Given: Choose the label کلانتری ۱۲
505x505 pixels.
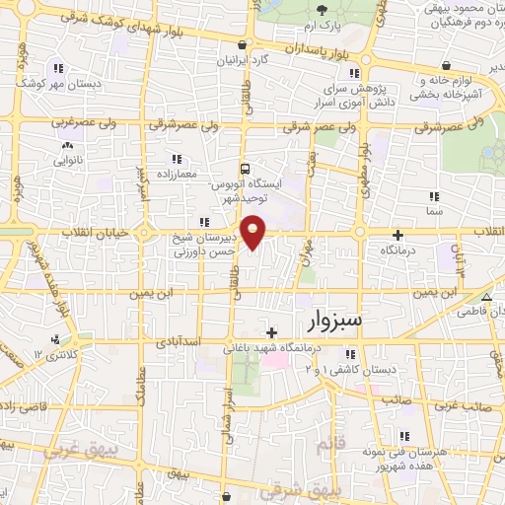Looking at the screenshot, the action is tap(54, 352).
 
